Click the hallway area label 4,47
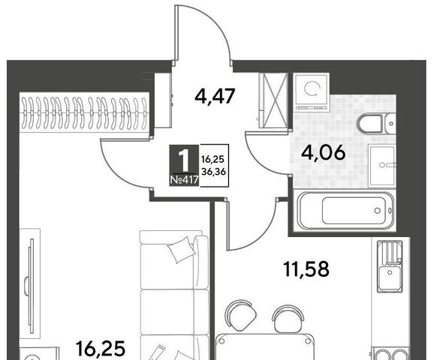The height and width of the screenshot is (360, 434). click(215, 97)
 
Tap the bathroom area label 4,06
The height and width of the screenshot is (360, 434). click(324, 152)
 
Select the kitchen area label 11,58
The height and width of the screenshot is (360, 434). click(306, 268)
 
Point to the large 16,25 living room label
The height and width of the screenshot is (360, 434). click(101, 349)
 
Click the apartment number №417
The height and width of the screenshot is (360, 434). click(185, 180)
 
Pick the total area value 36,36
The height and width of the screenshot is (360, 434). click(213, 172)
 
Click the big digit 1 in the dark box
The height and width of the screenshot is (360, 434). click(184, 160)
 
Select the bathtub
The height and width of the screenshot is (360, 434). click(343, 210)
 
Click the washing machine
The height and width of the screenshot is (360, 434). click(312, 92)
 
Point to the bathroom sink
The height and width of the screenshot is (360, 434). click(382, 165)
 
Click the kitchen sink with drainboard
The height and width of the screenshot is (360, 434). click(390, 265)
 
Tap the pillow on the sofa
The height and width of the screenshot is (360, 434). click(180, 250)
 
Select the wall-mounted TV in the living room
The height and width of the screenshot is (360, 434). click(30, 281)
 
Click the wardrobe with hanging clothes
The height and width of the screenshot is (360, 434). click(84, 112)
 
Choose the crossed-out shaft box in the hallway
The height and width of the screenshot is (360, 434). click(273, 100)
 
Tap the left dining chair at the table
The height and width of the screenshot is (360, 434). click(240, 315)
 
